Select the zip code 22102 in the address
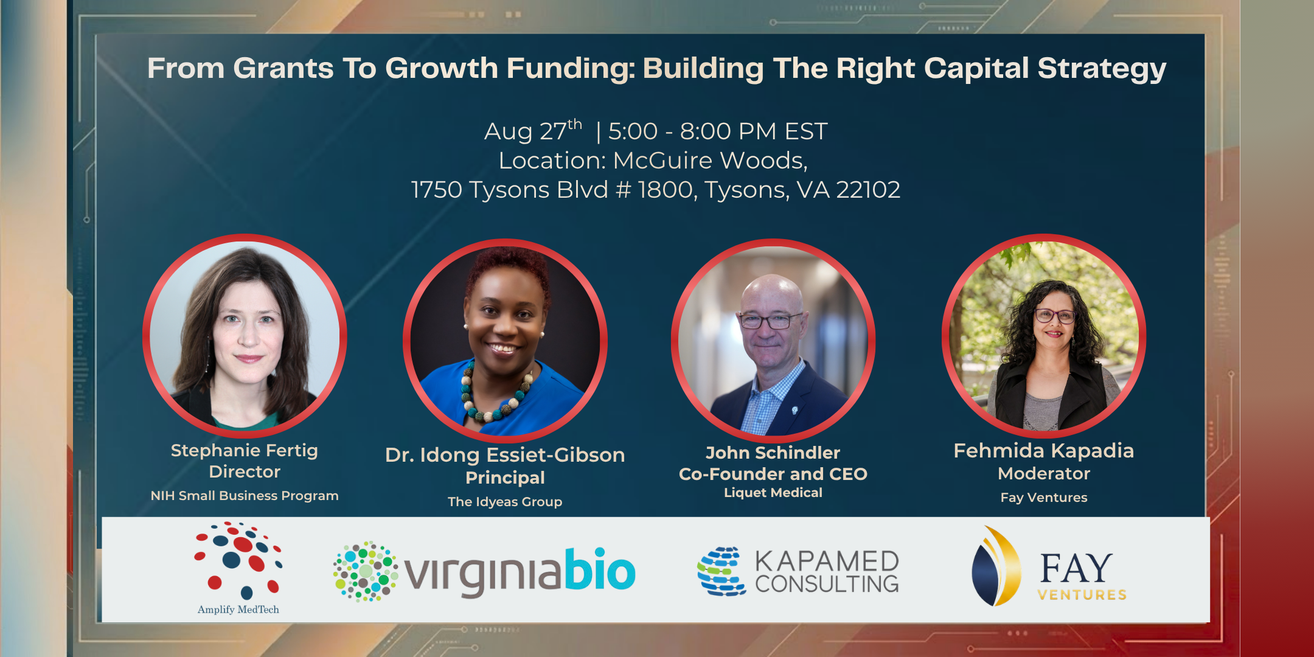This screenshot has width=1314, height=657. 868,190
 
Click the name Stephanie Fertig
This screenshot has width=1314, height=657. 245,450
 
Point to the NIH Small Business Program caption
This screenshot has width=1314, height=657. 245,496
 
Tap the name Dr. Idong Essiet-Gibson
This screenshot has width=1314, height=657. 505,455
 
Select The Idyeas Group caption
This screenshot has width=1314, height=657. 505,502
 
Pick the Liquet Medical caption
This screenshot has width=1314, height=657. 773,493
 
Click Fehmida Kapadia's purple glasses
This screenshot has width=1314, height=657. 1055,315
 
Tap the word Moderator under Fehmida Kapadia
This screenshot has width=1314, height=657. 1044,473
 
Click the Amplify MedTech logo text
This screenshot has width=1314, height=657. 238,610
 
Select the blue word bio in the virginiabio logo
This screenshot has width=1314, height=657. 600,569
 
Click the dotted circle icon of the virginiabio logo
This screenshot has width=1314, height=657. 366,571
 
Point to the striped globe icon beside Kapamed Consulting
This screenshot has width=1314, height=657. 721,571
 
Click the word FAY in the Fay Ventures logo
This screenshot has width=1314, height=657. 1076,568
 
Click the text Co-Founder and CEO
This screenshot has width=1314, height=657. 773,474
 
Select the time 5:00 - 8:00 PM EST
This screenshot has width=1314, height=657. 718,131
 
